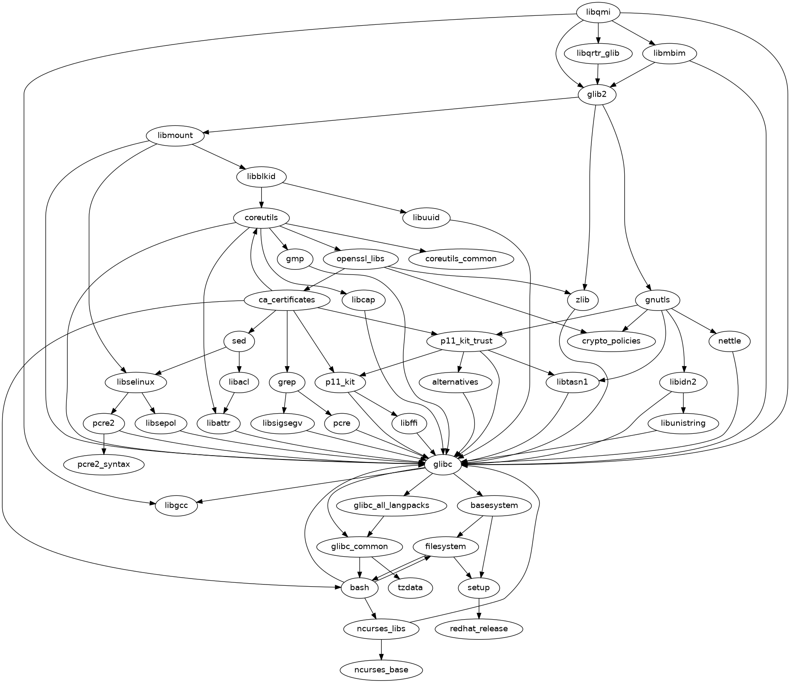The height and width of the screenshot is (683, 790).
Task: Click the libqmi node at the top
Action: tap(598, 12)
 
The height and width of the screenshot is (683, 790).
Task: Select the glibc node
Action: tap(443, 464)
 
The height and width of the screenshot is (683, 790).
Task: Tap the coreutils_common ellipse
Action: tap(461, 259)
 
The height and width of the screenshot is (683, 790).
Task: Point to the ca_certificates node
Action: tap(287, 300)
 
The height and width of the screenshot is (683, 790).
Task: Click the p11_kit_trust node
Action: tap(466, 341)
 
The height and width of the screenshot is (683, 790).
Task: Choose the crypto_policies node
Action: tap(611, 341)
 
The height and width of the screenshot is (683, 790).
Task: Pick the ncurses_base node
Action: tap(381, 670)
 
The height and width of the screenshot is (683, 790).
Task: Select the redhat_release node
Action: tap(479, 629)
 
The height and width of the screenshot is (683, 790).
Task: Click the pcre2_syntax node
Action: tap(104, 464)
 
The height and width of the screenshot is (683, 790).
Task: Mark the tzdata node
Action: tap(410, 588)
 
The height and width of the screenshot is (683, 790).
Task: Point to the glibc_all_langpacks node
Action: tap(391, 505)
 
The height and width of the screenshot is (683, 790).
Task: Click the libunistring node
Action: tap(683, 423)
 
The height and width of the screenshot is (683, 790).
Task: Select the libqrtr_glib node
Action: tap(598, 54)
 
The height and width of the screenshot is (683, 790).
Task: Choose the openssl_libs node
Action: tap(361, 259)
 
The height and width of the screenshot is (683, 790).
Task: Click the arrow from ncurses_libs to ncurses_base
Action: tap(381, 650)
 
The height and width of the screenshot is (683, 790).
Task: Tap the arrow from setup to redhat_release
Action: tap(479, 608)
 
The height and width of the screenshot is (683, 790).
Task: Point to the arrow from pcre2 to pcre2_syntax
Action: tap(104, 444)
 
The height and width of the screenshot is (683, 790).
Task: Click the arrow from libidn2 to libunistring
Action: tap(683, 403)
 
